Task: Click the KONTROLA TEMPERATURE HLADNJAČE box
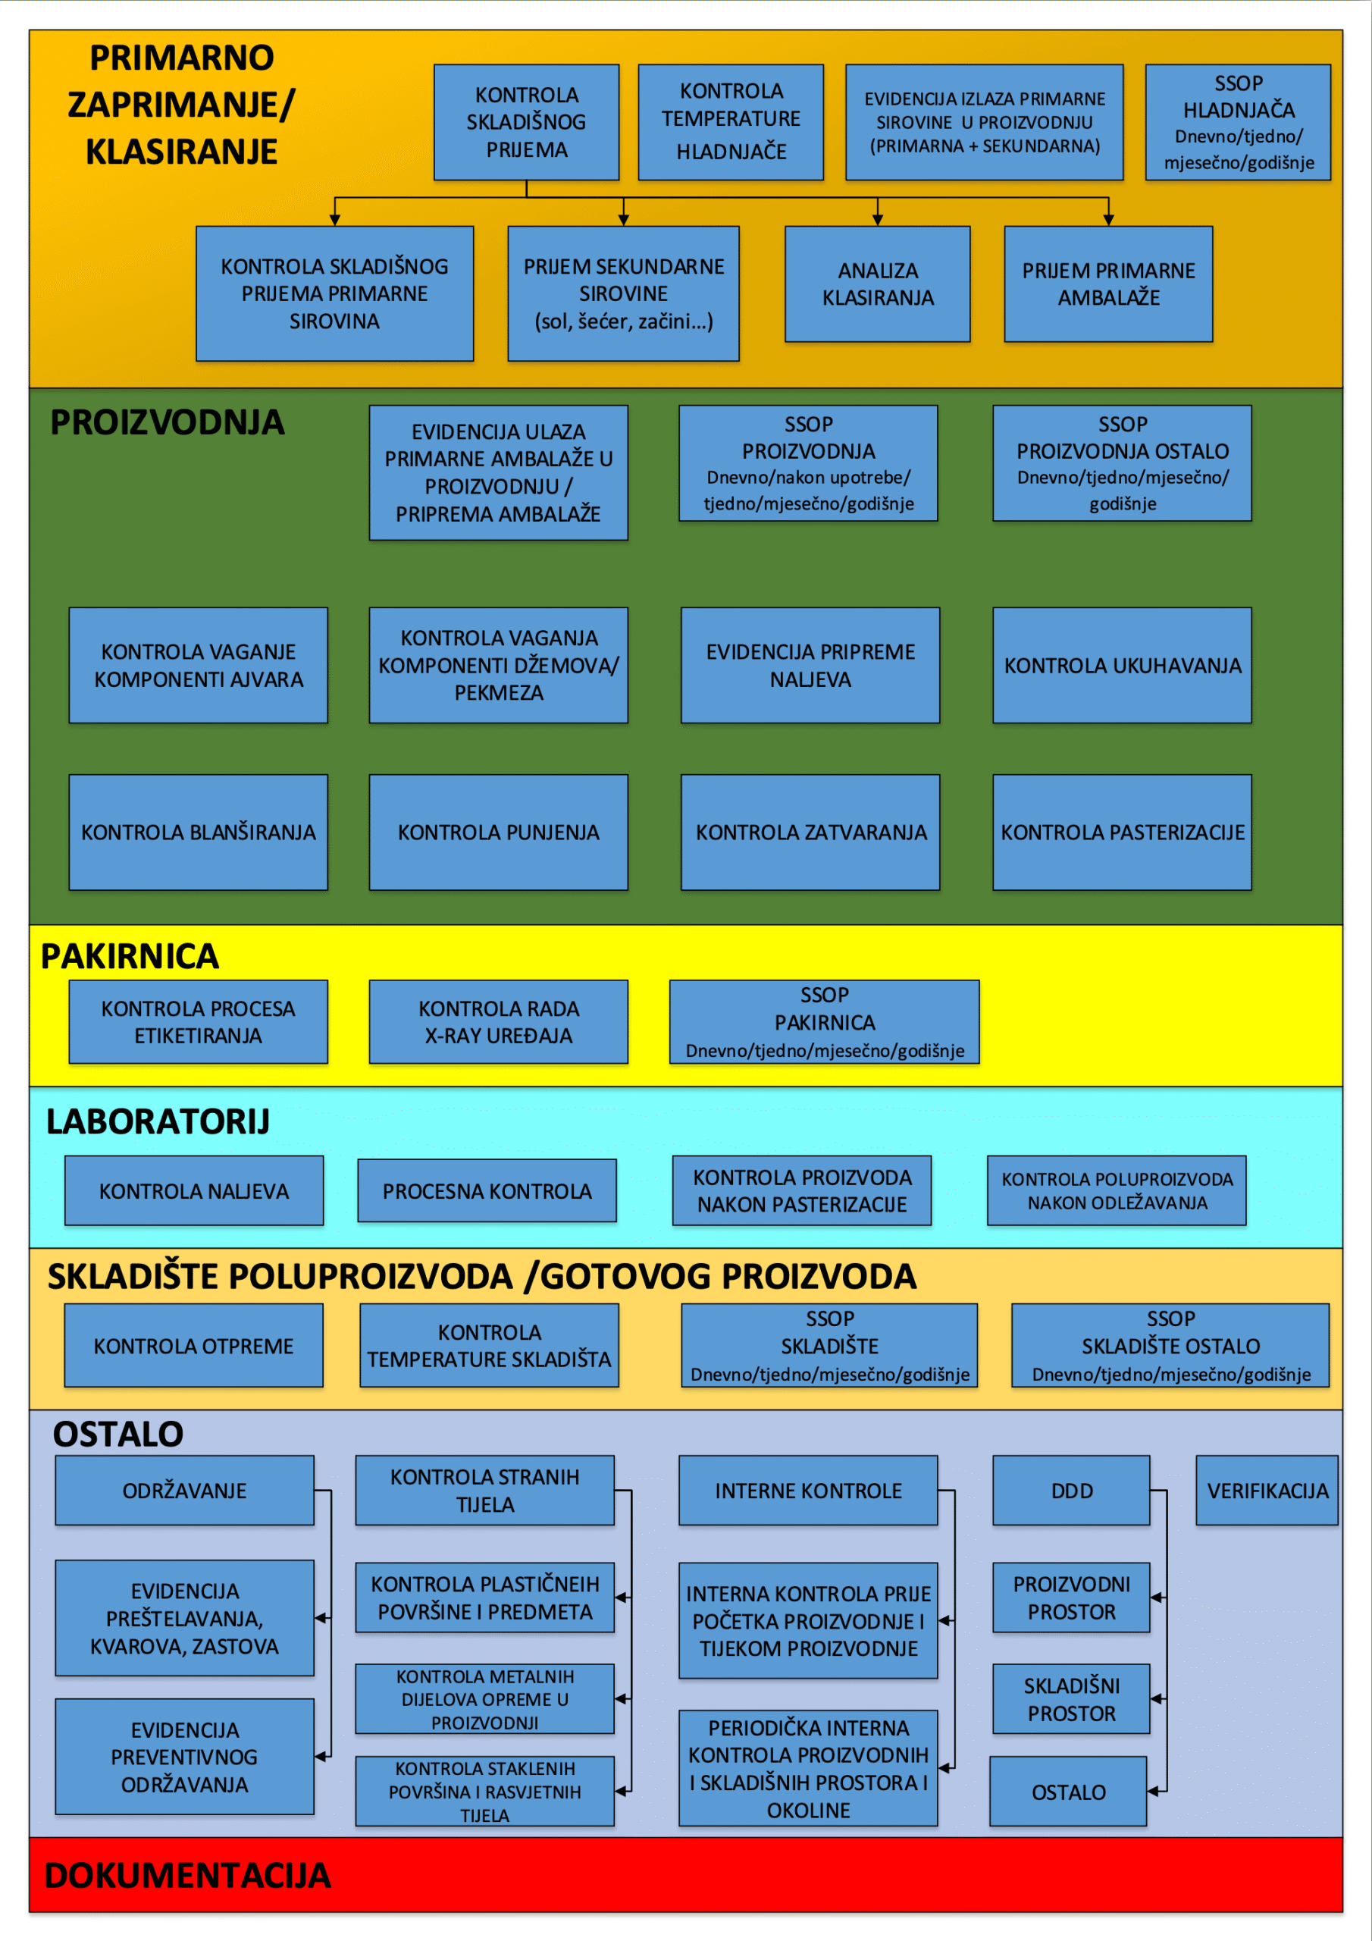coord(731,122)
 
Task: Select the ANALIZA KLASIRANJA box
coord(878,284)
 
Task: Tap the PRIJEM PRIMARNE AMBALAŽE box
coord(1108,284)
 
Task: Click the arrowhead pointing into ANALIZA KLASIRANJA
coord(878,220)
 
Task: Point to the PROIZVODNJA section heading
coord(168,422)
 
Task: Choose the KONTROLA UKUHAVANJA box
coord(1122,665)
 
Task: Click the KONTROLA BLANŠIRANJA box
coord(198,833)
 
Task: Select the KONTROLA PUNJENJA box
coord(498,833)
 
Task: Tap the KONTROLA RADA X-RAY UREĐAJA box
coord(498,1022)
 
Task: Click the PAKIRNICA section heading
coord(130,956)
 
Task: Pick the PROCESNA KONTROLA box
coord(487,1191)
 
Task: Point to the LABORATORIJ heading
coord(158,1122)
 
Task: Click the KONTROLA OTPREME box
coord(193,1346)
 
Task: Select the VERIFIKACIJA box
coord(1267,1491)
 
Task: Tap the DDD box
coord(1071,1491)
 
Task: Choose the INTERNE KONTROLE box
coord(808,1491)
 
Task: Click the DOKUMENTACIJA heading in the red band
coord(188,1875)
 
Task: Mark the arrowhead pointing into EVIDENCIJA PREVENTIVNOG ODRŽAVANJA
coord(321,1757)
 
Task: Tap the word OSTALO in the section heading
coord(118,1434)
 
